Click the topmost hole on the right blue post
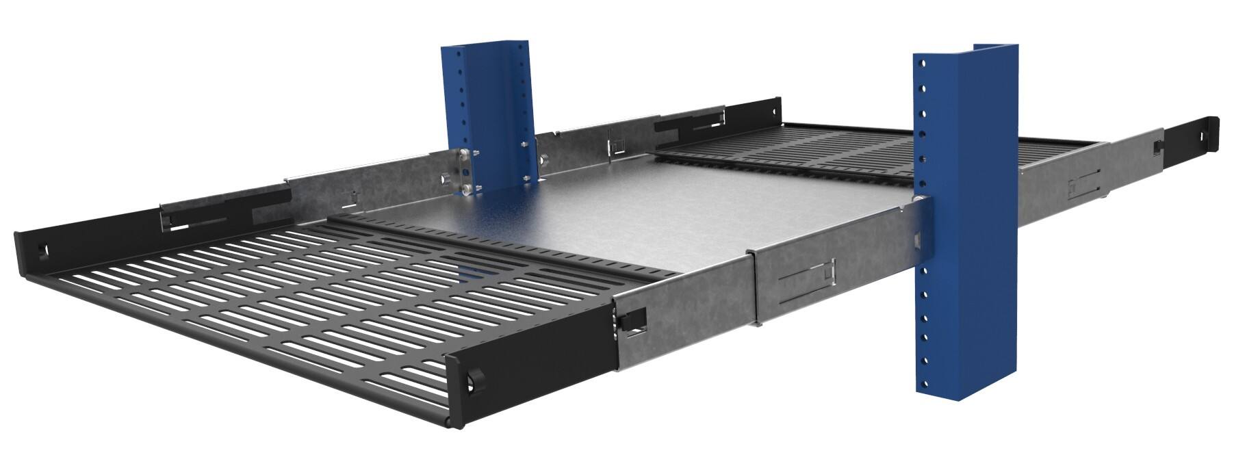coord(922,64)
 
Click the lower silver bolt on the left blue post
coord(467,188)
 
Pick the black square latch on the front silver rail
coord(634,320)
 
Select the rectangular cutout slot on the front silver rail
coord(808,276)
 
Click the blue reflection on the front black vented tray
coord(472,274)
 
